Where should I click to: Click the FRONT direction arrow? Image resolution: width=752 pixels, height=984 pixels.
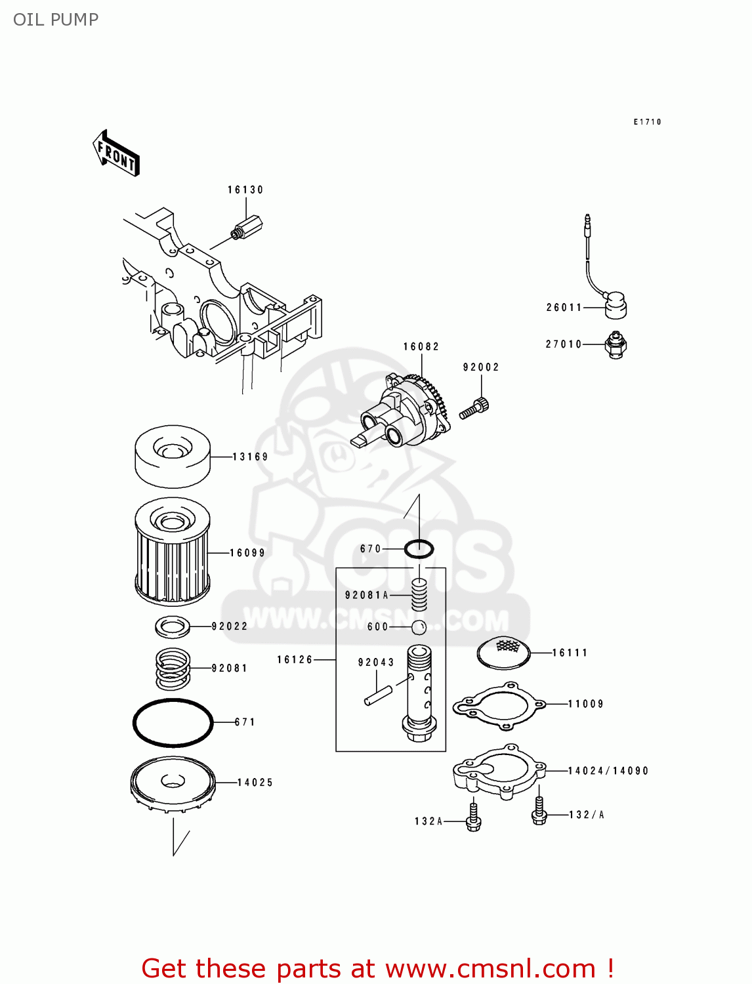point(116,154)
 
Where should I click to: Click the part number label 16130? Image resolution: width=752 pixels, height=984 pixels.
point(245,190)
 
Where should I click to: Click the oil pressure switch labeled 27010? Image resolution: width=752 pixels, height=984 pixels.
point(616,344)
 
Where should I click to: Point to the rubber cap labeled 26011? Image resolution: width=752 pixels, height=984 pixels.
point(615,305)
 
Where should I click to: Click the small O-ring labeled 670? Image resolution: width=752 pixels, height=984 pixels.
point(419,548)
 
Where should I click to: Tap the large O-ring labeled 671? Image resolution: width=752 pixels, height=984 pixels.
point(173,722)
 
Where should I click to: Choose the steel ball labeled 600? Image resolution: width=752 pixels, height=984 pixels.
point(419,627)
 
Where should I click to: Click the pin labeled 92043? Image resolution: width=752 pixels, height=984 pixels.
point(379,695)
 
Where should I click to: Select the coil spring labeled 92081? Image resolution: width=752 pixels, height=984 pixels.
point(173,668)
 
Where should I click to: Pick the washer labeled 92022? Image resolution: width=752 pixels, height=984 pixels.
point(173,626)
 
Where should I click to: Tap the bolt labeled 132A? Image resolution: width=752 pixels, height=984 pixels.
point(473,819)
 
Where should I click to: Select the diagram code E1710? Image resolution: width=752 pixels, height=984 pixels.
point(647,122)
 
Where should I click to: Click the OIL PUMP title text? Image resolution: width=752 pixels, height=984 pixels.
point(56,20)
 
